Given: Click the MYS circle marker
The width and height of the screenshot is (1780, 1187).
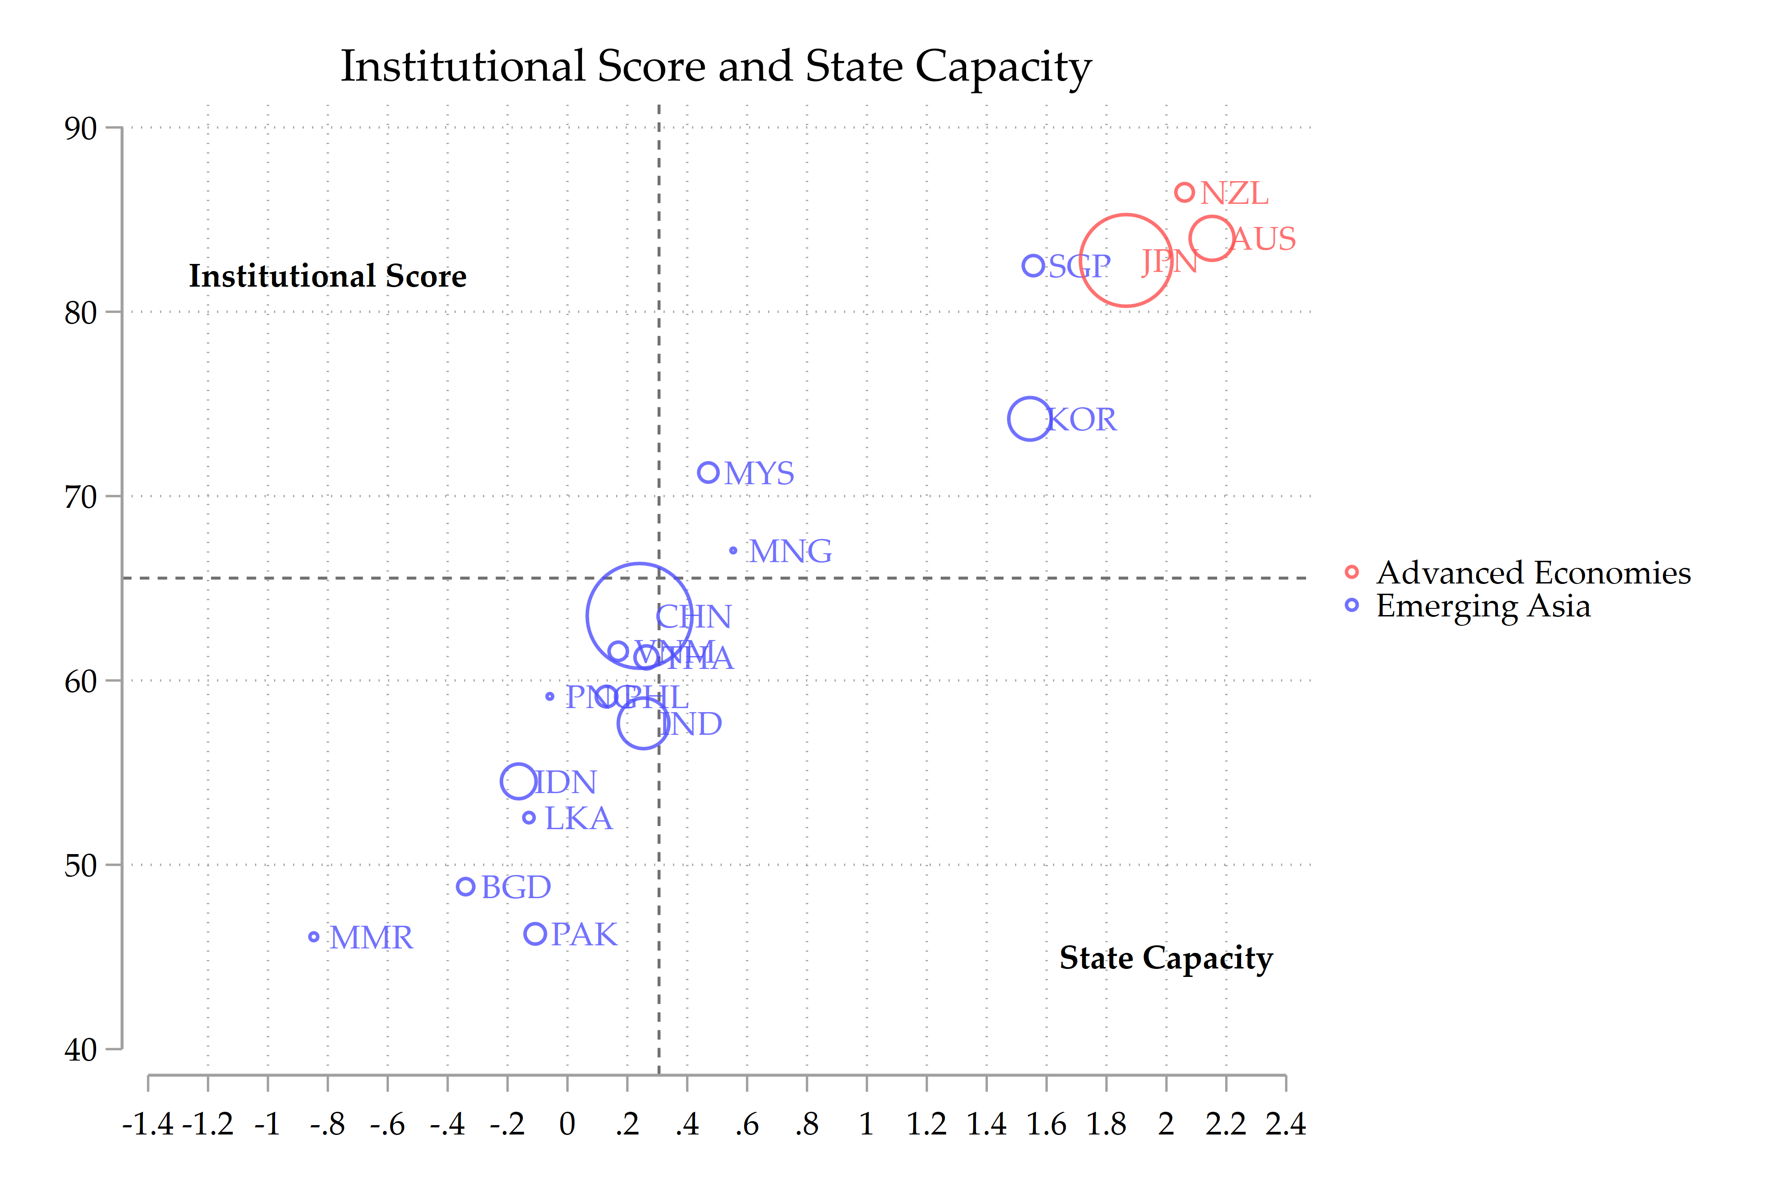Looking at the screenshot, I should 708,472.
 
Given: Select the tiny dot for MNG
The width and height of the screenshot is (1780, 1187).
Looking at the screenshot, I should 732,551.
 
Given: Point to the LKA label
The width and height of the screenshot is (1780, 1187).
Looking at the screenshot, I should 578,818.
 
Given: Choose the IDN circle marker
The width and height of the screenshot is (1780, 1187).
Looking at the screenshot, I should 518,781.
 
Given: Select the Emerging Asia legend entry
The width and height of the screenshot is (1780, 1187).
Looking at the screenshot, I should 1483,606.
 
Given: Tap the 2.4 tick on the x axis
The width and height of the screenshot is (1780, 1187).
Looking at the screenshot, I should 1285,1124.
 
